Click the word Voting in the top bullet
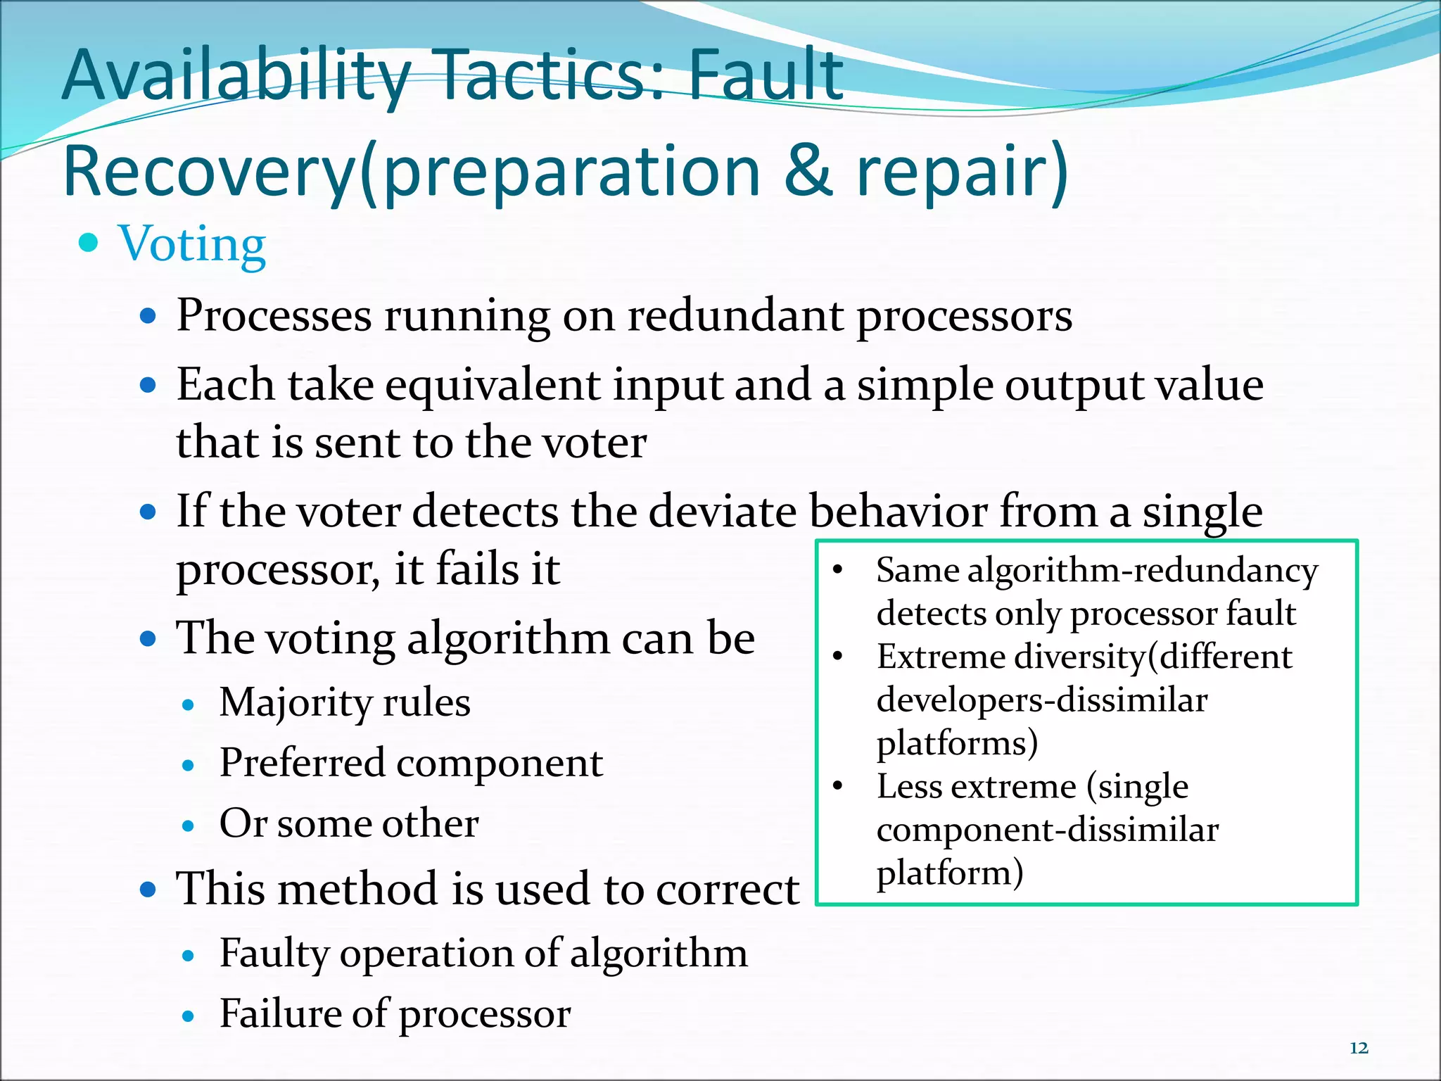coord(192,244)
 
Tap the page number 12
coord(1359,1048)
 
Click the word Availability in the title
coord(236,76)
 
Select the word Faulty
coord(274,954)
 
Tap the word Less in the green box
coord(905,787)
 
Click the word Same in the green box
coord(916,571)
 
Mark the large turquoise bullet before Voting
coord(89,244)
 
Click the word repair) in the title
coord(962,172)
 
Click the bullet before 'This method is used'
coord(148,890)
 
